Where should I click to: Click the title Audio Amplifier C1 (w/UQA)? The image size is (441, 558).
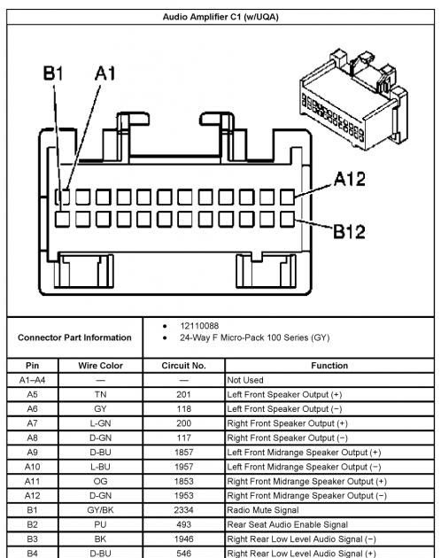pos(220,17)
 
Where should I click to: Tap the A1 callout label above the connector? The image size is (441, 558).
pos(105,74)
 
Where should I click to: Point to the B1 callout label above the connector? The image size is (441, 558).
pos(53,74)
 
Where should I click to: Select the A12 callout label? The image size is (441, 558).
pos(350,179)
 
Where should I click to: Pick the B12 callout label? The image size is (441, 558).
pos(349,232)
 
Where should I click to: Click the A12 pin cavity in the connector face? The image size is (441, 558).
pos(287,197)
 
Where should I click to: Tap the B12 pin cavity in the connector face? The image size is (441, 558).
pos(287,220)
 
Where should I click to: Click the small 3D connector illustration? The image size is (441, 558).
pos(354,99)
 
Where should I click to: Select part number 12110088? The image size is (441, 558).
pos(199,326)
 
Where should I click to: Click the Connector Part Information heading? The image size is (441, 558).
pos(74,337)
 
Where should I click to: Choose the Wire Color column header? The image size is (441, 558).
pos(100,366)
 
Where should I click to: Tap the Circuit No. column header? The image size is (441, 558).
pos(183,366)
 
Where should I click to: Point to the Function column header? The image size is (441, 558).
pos(329,366)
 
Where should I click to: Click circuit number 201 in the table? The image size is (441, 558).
pos(183,394)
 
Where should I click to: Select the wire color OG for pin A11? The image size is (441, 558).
pos(100,481)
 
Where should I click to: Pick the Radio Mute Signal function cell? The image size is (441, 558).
pos(263,510)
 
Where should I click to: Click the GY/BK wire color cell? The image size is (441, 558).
pos(100,510)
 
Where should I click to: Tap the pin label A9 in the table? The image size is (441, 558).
pos(32,453)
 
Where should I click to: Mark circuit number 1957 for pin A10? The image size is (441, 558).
pos(183,467)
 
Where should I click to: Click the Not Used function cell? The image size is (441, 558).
pos(245,380)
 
